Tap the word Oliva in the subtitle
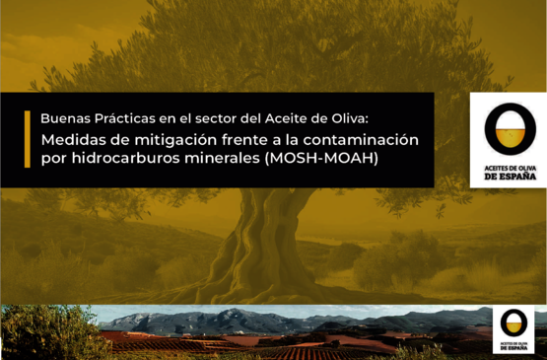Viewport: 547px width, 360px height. [348, 116]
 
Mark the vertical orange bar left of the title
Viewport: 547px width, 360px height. [28, 139]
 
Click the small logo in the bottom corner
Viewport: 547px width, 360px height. [513, 328]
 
